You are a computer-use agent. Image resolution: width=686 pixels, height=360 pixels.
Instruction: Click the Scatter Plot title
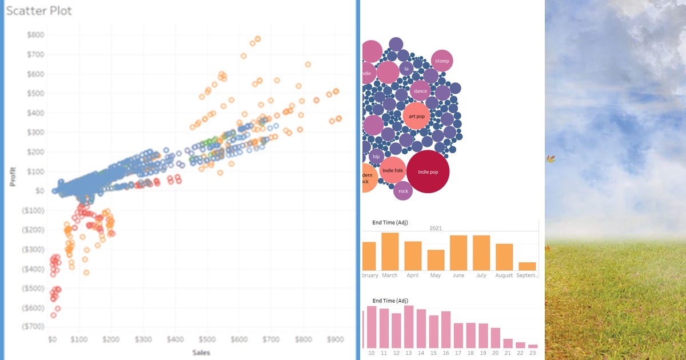click(39, 11)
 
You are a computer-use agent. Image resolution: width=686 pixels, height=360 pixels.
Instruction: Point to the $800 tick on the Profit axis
click(35, 35)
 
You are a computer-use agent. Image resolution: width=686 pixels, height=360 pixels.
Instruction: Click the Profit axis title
click(12, 177)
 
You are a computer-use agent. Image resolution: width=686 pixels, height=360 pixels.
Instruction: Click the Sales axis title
click(201, 353)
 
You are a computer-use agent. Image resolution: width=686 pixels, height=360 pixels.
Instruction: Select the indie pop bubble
click(428, 171)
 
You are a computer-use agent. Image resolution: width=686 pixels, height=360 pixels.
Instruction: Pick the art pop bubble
click(416, 116)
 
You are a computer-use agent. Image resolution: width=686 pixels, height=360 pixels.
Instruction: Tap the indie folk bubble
click(392, 170)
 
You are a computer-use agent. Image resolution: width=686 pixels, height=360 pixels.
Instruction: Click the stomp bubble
click(442, 61)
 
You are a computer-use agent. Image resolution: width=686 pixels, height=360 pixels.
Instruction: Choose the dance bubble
click(420, 91)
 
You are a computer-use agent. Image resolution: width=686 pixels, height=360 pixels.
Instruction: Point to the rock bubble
click(403, 191)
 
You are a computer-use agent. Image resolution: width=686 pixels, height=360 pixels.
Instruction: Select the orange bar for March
click(390, 251)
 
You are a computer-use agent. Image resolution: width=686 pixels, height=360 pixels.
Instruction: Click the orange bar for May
click(436, 260)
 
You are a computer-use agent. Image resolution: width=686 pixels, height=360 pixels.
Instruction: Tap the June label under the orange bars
click(458, 275)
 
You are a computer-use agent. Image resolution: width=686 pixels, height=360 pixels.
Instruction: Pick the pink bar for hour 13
click(408, 327)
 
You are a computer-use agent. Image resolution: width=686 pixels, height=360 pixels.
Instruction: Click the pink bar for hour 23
click(533, 346)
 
